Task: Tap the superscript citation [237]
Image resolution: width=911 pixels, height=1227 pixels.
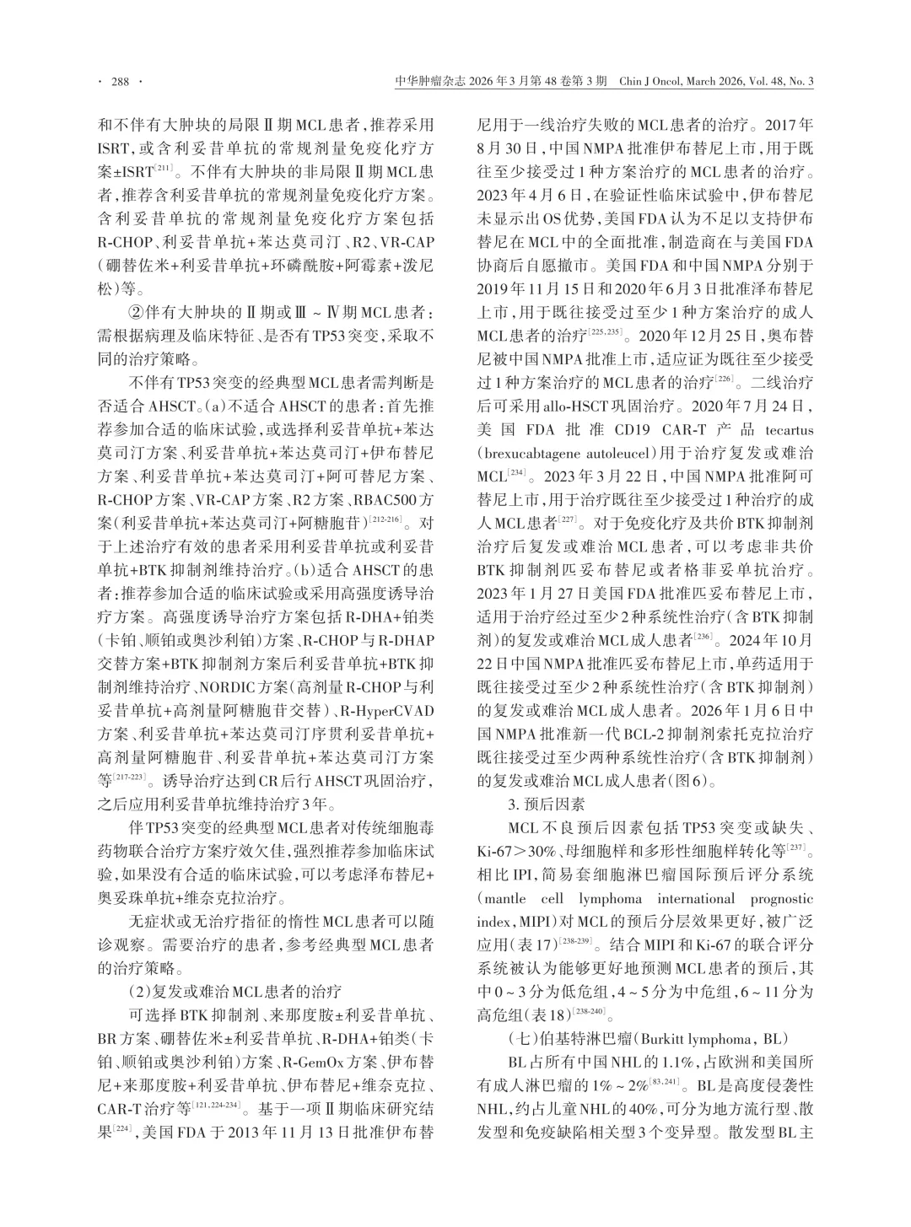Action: click(x=797, y=842)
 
